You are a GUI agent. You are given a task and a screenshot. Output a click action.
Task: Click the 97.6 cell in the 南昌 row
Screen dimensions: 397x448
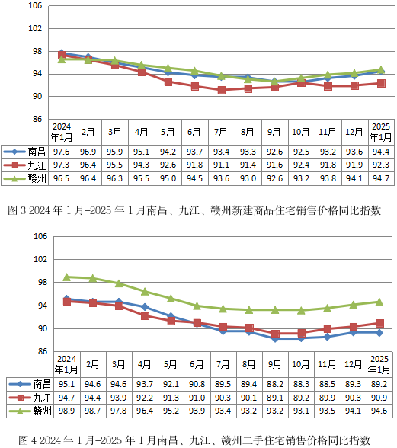pyautogui.click(x=62, y=152)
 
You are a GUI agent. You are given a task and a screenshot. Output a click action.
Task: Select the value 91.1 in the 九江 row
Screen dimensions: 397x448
pyautogui.click(x=221, y=165)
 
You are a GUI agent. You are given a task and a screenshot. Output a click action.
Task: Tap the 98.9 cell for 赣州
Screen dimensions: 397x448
pyautogui.click(x=66, y=411)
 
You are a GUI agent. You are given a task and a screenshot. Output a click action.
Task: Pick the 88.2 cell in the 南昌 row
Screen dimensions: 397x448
pyautogui.click(x=274, y=384)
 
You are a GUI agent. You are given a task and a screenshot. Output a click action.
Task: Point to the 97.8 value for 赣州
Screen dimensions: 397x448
pyautogui.click(x=119, y=411)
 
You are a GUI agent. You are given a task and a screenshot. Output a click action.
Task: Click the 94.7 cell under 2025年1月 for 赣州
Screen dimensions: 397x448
pyautogui.click(x=381, y=178)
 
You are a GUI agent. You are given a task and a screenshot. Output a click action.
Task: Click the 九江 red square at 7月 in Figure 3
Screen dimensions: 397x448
pyautogui.click(x=222, y=90)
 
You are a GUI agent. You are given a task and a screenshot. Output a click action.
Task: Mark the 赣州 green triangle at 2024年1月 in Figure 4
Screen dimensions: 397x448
pyautogui.click(x=67, y=277)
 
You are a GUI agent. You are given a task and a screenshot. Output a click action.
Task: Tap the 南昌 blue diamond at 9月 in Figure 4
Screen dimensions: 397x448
pyautogui.click(x=275, y=338)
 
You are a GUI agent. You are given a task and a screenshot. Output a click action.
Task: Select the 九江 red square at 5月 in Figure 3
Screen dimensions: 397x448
pyautogui.click(x=168, y=82)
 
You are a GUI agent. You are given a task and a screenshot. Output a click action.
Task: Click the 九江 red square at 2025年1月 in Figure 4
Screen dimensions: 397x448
pyautogui.click(x=379, y=323)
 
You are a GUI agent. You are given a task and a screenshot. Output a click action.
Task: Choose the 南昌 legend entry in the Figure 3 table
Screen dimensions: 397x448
pyautogui.click(x=24, y=152)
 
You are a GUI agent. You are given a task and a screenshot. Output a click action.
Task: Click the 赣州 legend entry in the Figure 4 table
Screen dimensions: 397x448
pyautogui.click(x=30, y=411)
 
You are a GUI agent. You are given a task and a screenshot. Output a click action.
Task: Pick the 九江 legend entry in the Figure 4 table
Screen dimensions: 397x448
pyautogui.click(x=30, y=398)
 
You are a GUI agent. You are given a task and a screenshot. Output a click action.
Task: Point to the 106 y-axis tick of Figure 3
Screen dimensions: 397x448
pyautogui.click(x=35, y=5)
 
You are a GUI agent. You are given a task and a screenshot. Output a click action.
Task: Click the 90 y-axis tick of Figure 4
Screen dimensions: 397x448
pyautogui.click(x=43, y=328)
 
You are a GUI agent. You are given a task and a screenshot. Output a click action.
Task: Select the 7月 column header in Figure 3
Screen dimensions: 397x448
pyautogui.click(x=221, y=132)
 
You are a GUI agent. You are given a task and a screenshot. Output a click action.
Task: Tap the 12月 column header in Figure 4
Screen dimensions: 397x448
pyautogui.click(x=354, y=364)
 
